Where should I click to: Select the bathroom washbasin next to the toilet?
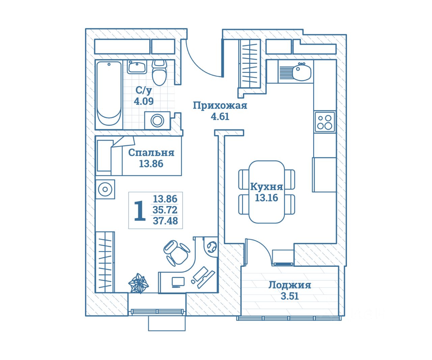click(x=137, y=67)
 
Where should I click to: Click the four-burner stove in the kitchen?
click(x=325, y=122)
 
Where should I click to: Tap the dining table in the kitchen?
click(x=267, y=192)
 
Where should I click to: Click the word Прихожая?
click(x=220, y=105)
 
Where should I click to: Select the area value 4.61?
click(x=220, y=117)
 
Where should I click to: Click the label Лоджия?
click(x=290, y=285)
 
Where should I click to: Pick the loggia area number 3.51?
click(x=290, y=297)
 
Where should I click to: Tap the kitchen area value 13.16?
click(x=266, y=198)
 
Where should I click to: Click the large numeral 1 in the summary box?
click(x=140, y=211)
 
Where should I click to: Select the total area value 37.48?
click(x=165, y=221)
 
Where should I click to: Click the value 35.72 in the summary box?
click(x=165, y=210)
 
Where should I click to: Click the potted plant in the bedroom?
click(x=138, y=283)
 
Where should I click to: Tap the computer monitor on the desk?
click(x=178, y=282)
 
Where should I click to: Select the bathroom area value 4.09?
click(x=144, y=101)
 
